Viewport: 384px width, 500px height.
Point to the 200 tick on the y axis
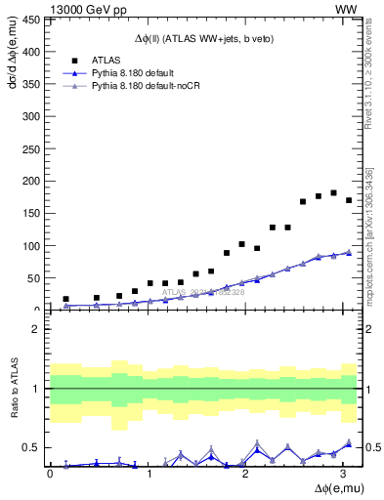point(32,181)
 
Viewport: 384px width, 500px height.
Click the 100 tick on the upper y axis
point(32,245)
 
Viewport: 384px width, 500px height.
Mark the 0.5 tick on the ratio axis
point(32,448)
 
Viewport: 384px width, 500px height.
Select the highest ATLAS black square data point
point(334,192)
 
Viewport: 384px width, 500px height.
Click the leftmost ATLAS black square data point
point(65,299)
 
